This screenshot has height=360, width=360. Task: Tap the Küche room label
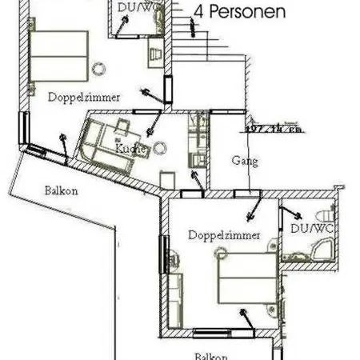pos(127,149)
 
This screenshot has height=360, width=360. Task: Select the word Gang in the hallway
pos(245,161)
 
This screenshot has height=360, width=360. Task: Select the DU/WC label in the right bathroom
pos(311,229)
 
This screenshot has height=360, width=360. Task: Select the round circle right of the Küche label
pos(160,147)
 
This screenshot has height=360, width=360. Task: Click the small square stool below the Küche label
pos(166,178)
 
